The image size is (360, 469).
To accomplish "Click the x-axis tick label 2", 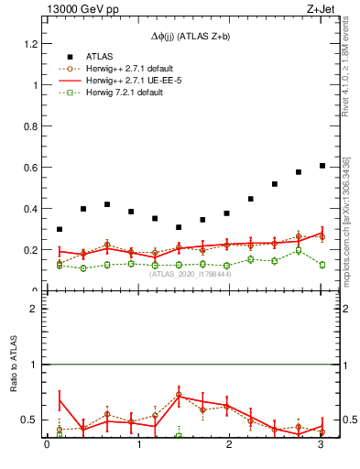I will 230,446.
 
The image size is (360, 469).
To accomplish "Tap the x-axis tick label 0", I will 47,446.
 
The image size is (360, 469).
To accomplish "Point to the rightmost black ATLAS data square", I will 322,166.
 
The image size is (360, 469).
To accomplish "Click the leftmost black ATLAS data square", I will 60,229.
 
